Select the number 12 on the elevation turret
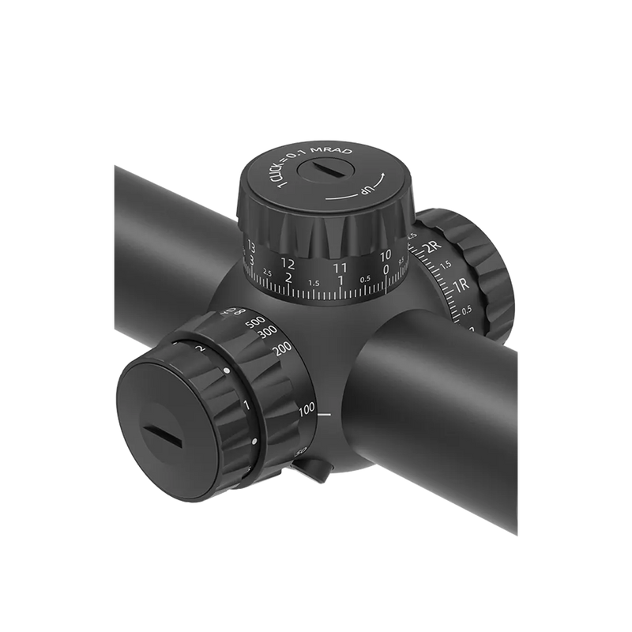tap(288, 263)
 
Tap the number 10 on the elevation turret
tap(385, 255)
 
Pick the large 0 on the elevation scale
tap(386, 269)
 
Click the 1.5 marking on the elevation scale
tap(314, 283)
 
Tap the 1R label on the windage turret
tap(462, 283)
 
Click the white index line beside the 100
tap(325, 412)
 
